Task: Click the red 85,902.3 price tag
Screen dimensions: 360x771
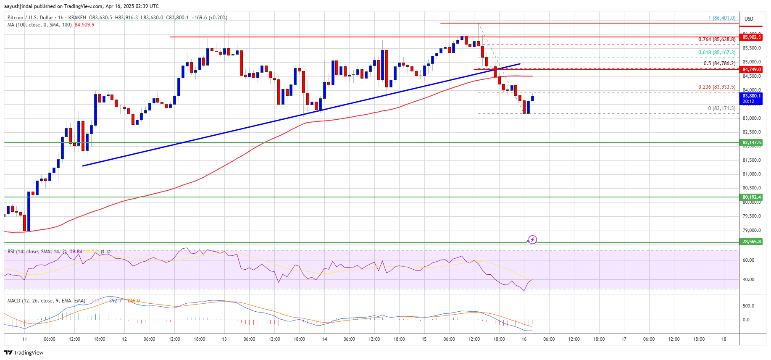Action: [x=751, y=37]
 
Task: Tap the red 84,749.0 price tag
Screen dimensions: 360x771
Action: [x=751, y=69]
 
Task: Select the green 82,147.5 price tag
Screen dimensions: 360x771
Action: [x=751, y=142]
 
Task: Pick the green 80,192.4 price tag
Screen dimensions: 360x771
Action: [x=751, y=197]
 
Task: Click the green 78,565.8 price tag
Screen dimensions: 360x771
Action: [x=751, y=242]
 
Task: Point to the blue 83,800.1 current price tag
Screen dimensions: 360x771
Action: [x=751, y=98]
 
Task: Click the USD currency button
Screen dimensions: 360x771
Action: [x=749, y=19]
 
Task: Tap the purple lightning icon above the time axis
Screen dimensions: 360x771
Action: [x=532, y=240]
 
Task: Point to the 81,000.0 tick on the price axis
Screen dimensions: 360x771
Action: [x=751, y=174]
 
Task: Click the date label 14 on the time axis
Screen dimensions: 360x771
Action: [x=324, y=339]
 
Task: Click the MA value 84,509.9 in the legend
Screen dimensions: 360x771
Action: [x=84, y=25]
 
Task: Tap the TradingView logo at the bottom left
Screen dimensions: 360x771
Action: [x=24, y=352]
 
